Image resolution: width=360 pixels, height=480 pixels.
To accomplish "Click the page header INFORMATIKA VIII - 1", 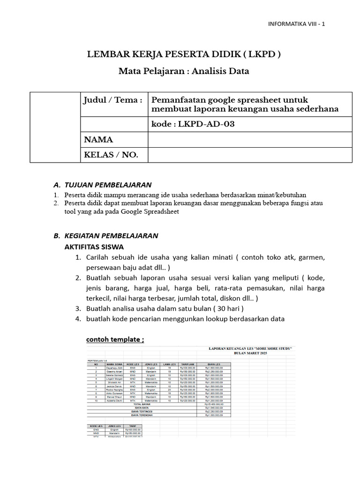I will (x=296, y=24).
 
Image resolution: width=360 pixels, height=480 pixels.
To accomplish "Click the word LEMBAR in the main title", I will (x=105, y=54).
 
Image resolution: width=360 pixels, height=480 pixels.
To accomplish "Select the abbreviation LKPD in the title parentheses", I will (x=263, y=54).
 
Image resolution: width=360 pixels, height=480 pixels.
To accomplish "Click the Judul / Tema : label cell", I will (x=112, y=100).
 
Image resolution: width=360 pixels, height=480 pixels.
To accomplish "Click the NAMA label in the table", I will (x=98, y=140).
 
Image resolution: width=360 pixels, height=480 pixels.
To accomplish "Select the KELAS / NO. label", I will (x=111, y=155).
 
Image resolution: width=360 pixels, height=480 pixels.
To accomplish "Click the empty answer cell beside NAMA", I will (x=249, y=140).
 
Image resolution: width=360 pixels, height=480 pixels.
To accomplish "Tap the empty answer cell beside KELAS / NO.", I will (x=249, y=155).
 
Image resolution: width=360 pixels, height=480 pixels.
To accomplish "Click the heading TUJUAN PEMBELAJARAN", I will (x=108, y=185).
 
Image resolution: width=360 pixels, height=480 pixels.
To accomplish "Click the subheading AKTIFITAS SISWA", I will (x=94, y=247).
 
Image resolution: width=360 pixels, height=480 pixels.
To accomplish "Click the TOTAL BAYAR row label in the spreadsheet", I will (x=141, y=404).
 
